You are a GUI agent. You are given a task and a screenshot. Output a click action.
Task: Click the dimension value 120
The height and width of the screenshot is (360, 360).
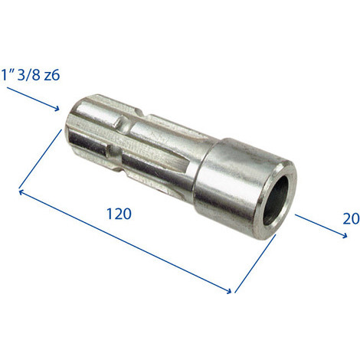coord(119,214)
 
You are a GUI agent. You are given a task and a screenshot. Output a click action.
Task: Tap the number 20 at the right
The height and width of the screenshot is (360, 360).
coord(352,219)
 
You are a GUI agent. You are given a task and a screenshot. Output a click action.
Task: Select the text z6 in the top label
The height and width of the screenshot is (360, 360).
coord(52,75)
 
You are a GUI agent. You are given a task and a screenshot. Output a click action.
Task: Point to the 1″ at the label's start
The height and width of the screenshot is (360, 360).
coord(8,75)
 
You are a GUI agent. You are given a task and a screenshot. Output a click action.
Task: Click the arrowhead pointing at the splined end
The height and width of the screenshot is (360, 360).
coord(56,108)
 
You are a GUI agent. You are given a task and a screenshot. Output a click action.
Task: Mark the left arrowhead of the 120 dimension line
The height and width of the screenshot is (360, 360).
coord(21,191)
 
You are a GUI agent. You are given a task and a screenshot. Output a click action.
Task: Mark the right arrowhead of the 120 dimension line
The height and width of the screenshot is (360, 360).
coord(228,290)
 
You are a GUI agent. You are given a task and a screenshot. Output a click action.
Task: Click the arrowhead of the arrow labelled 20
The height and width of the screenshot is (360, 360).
coord(344,236)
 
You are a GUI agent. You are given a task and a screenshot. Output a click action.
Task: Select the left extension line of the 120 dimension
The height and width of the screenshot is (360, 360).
coord(40,159)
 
